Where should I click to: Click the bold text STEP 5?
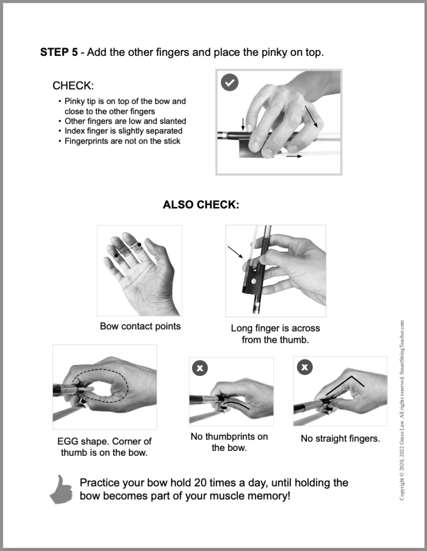(59, 53)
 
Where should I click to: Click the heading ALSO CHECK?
(201, 205)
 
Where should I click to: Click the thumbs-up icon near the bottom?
(61, 489)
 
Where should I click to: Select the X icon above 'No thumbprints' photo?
(200, 368)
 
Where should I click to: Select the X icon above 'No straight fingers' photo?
(305, 368)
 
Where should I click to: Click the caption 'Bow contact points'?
(140, 326)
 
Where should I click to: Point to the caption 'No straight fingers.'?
(340, 439)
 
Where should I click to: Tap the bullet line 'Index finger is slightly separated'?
(123, 131)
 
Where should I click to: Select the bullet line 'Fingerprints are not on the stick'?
(122, 141)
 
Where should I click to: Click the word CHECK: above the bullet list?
(73, 86)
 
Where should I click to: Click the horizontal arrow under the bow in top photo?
(294, 156)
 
